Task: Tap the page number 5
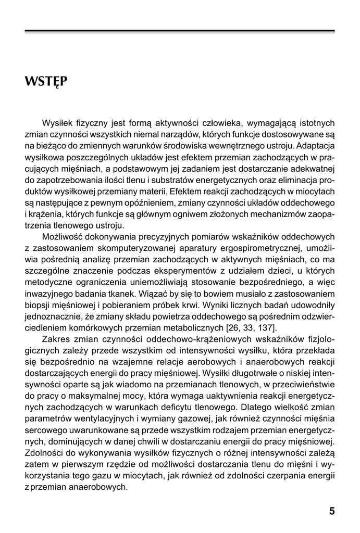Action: point(332,511)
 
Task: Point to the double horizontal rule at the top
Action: point(180,32)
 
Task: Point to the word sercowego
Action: point(45,431)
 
